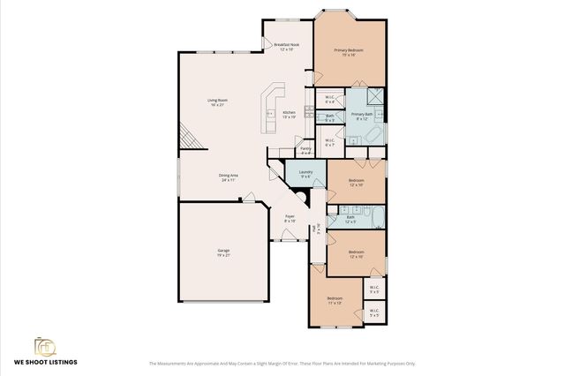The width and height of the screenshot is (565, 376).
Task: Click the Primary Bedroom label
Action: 349,52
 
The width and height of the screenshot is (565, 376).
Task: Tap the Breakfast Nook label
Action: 287,47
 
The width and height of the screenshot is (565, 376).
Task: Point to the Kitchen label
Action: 289,114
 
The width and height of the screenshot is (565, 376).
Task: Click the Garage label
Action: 223,252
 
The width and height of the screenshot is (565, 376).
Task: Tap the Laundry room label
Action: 305,173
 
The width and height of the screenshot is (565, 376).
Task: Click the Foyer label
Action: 289,218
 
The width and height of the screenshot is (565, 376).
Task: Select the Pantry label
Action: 305,150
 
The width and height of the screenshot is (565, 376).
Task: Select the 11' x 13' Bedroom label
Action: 335,301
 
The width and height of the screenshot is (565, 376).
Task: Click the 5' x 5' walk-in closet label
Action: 373,312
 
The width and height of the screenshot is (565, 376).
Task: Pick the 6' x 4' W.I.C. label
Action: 329,99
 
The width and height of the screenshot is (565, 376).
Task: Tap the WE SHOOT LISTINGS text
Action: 45,362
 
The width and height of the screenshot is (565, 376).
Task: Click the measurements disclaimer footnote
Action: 282,363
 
